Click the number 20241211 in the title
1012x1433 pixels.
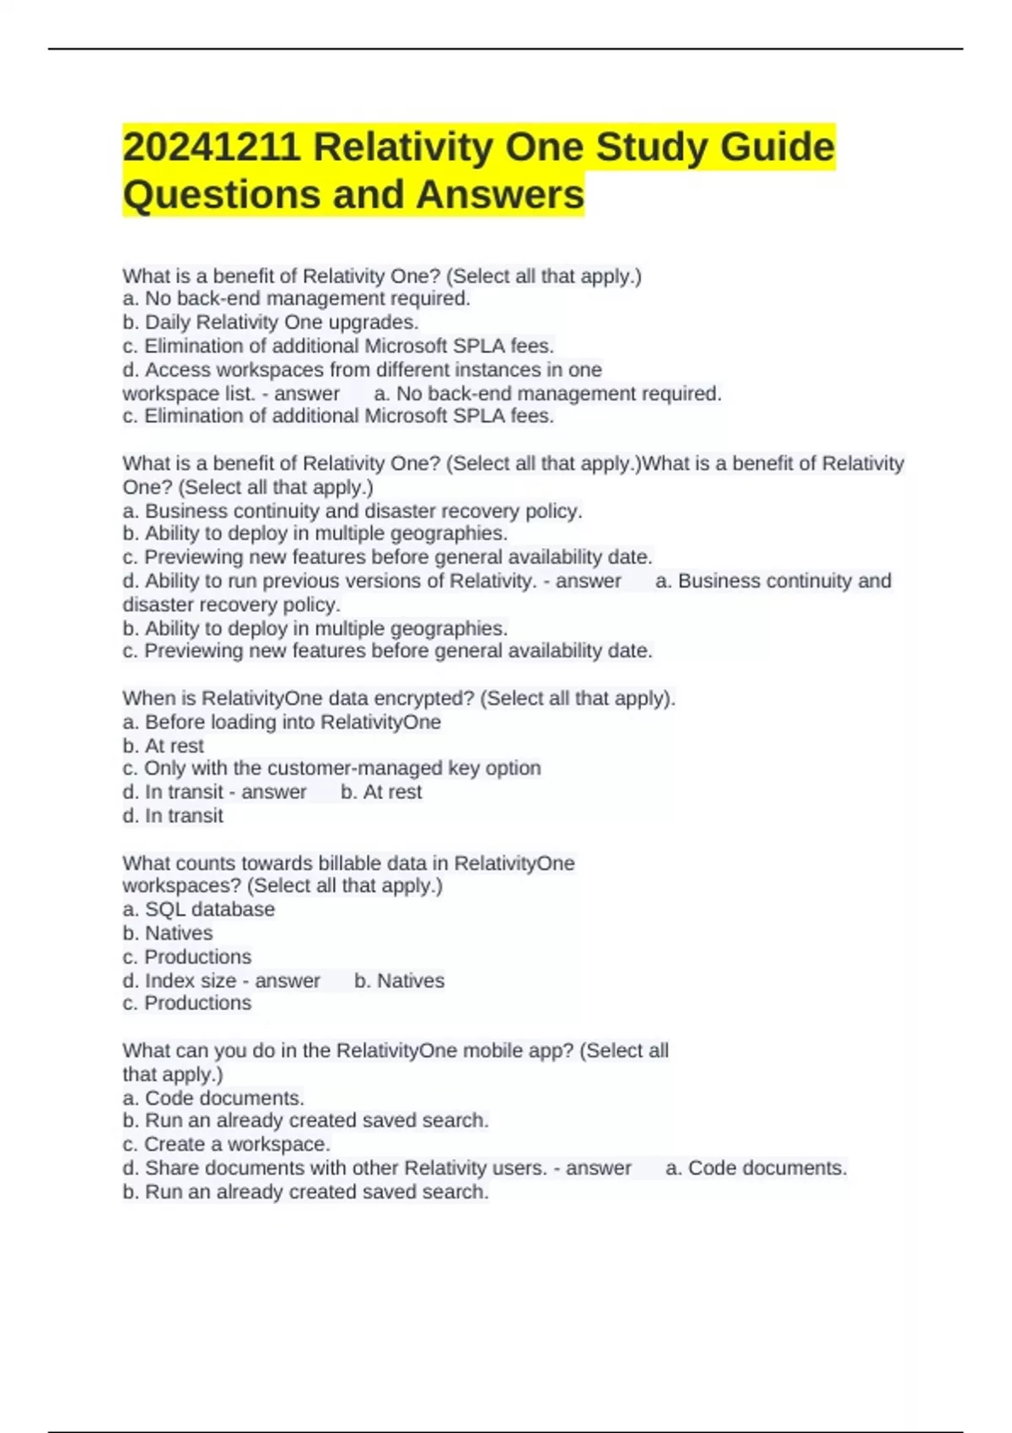212,148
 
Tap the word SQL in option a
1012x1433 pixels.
163,910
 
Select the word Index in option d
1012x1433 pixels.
168,980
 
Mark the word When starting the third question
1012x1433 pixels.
147,698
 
